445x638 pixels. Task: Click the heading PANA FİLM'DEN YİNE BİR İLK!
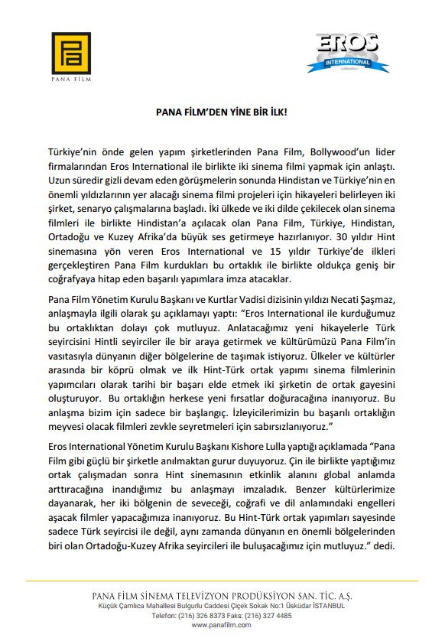[221, 112]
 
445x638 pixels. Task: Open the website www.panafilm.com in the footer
[222, 624]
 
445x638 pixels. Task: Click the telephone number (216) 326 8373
[210, 615]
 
